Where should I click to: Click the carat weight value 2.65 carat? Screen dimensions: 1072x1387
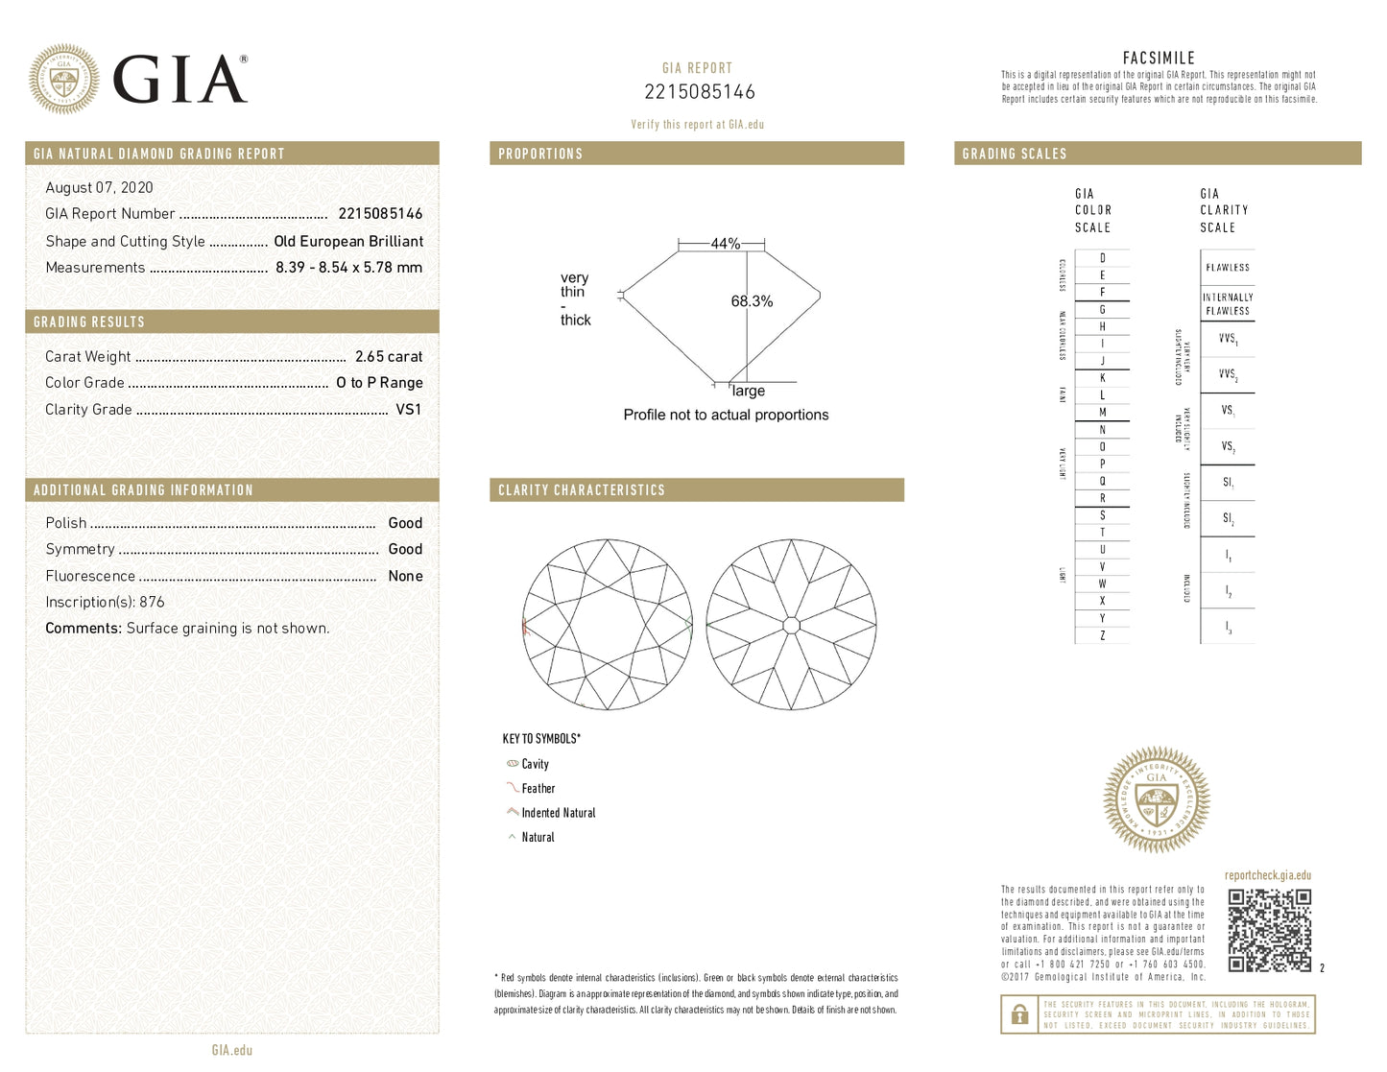(x=388, y=356)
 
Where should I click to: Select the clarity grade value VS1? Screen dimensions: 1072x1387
(x=408, y=409)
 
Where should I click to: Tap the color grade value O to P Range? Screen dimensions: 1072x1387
(x=379, y=382)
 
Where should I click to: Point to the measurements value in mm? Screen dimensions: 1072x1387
(x=348, y=268)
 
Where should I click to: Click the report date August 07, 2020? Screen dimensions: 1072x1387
(x=99, y=187)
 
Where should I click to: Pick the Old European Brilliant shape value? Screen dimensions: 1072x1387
(x=347, y=241)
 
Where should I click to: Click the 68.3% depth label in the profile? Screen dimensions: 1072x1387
(x=752, y=301)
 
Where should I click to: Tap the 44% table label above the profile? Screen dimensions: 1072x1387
(x=725, y=244)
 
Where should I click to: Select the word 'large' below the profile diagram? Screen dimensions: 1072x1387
(x=749, y=391)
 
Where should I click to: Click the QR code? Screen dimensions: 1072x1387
(x=1269, y=930)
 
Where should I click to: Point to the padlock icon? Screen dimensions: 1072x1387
(x=1019, y=1014)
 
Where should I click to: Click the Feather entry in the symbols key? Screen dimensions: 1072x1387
(x=538, y=788)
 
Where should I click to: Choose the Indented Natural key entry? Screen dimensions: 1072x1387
(x=558, y=813)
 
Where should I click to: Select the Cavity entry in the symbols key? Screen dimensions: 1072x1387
(x=535, y=764)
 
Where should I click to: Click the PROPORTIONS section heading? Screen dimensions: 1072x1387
(x=540, y=154)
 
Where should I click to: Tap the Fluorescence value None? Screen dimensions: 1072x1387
(x=405, y=576)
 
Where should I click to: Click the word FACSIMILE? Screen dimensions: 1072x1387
(x=1159, y=58)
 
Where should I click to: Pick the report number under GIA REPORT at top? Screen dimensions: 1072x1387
(x=699, y=92)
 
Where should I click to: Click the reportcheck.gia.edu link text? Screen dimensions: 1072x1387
(x=1267, y=875)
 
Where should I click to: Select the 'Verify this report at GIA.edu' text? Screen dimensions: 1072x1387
(x=697, y=125)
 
